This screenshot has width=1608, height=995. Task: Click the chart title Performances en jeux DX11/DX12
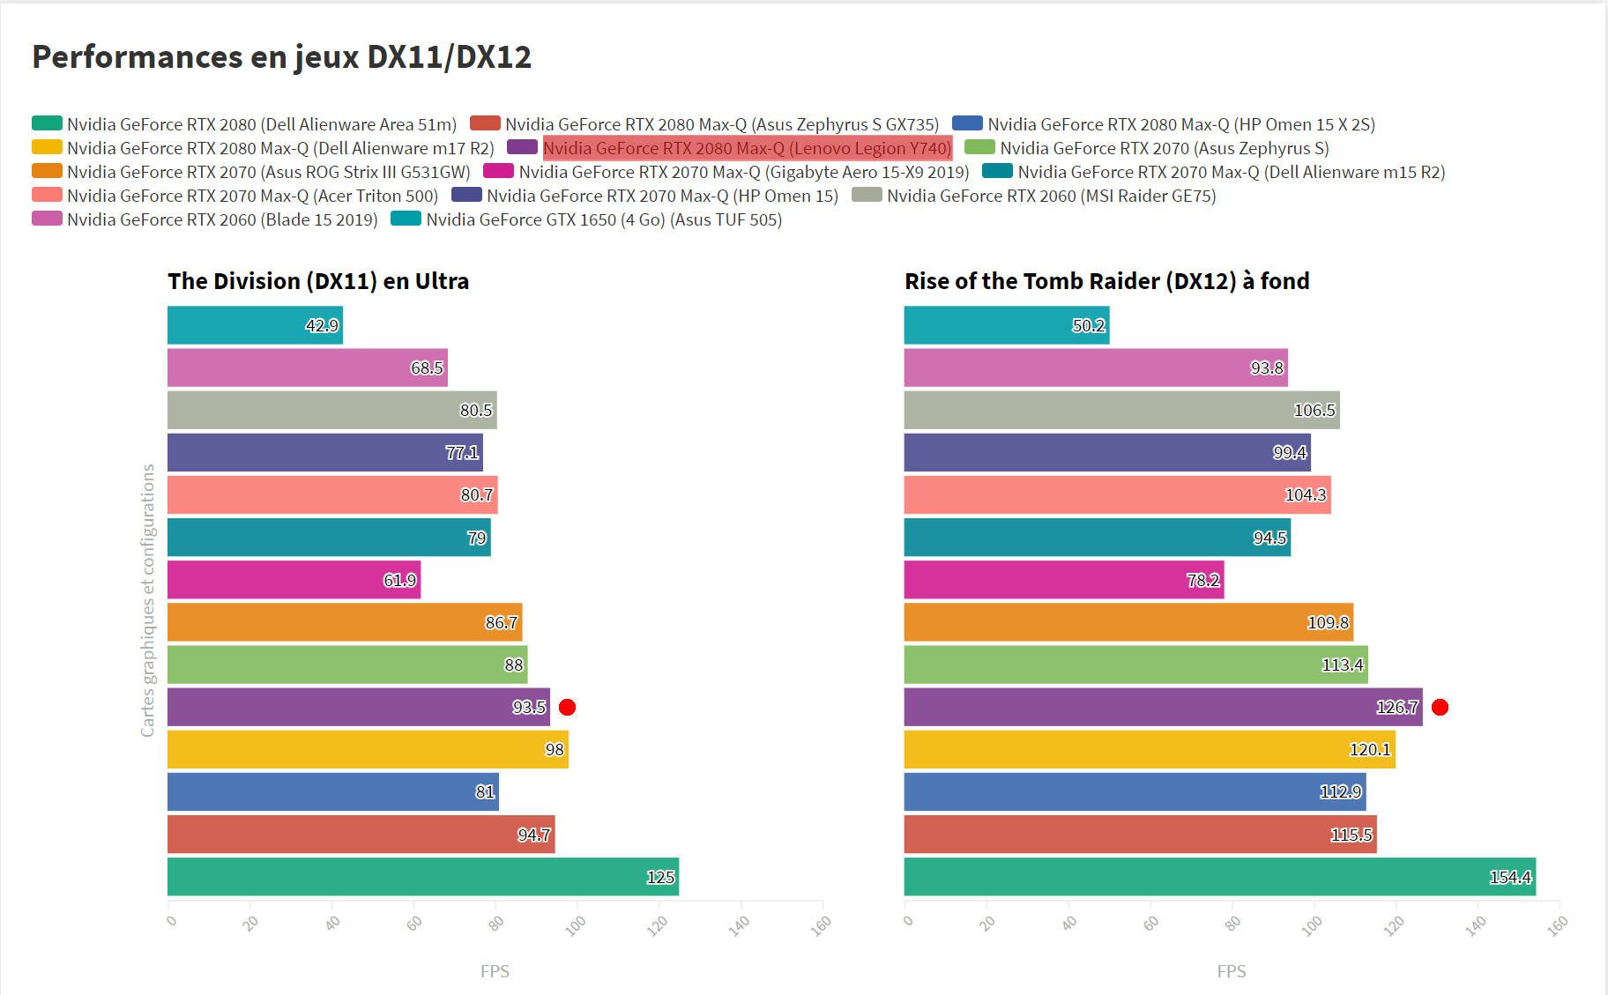click(282, 57)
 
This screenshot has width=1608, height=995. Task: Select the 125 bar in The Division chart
click(423, 877)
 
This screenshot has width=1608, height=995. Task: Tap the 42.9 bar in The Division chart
click(255, 326)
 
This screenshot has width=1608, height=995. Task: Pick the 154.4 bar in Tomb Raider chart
click(1219, 877)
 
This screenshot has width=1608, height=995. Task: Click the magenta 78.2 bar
click(1063, 580)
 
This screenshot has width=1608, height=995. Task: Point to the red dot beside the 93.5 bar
click(568, 707)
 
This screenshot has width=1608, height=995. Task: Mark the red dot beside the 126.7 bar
click(1440, 707)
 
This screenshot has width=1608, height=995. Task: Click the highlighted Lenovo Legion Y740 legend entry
click(747, 148)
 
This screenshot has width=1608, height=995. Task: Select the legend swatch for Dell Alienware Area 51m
click(47, 123)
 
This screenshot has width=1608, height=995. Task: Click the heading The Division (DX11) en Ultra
click(318, 281)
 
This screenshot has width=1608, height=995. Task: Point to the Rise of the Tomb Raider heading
click(1106, 281)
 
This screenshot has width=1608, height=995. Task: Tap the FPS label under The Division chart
click(495, 971)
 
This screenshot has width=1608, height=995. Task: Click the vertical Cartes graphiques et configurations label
click(148, 600)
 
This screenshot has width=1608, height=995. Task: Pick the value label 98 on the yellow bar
click(555, 750)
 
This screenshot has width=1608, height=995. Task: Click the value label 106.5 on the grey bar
click(1314, 411)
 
